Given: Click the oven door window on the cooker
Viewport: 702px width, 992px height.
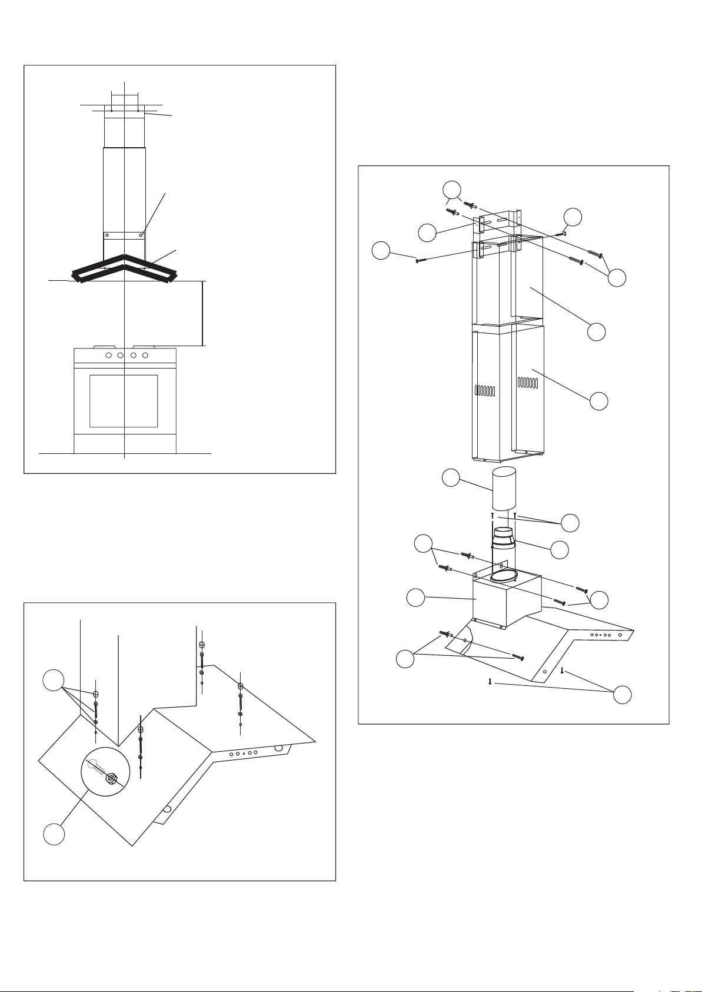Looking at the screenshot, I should tap(124, 400).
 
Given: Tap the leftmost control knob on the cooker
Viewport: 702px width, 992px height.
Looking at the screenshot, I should tap(108, 356).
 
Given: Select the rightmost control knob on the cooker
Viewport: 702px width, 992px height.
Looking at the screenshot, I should tap(145, 356).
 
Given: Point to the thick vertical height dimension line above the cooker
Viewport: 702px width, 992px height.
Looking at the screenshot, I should tap(202, 313).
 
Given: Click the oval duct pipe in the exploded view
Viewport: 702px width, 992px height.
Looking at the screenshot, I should tap(504, 489).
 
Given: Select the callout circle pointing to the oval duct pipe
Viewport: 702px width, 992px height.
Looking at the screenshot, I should tap(451, 477).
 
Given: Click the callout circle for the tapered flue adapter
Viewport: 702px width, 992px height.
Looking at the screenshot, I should tap(560, 549).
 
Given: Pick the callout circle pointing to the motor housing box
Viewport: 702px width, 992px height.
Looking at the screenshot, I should tap(416, 598).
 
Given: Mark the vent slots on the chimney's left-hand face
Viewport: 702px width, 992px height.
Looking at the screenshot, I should tap(485, 390).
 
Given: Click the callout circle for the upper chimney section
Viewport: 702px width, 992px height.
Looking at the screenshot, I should tap(597, 331).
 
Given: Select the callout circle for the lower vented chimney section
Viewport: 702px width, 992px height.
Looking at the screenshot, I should tap(599, 401).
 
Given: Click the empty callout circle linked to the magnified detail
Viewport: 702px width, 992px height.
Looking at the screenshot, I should tap(54, 836).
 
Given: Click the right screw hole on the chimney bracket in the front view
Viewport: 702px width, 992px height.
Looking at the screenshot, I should tap(141, 235).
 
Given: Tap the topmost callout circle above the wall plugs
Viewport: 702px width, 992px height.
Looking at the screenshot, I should tap(451, 190).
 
